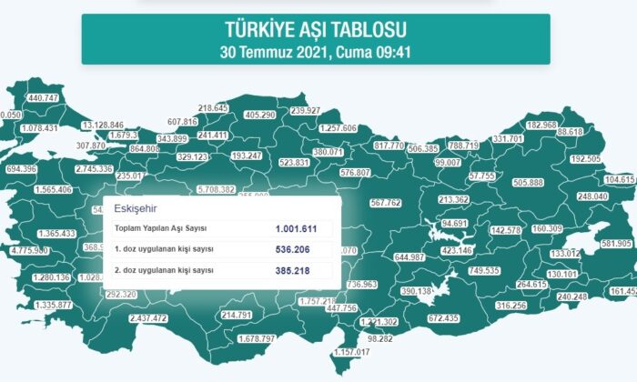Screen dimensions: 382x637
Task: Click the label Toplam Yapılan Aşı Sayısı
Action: pos(161,228)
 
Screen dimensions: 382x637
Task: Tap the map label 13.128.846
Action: pos(103,125)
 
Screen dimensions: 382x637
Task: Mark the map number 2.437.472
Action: pos(149,319)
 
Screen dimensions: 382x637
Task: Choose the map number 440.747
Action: pos(44,97)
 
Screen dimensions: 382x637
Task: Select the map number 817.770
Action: pos(389,146)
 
